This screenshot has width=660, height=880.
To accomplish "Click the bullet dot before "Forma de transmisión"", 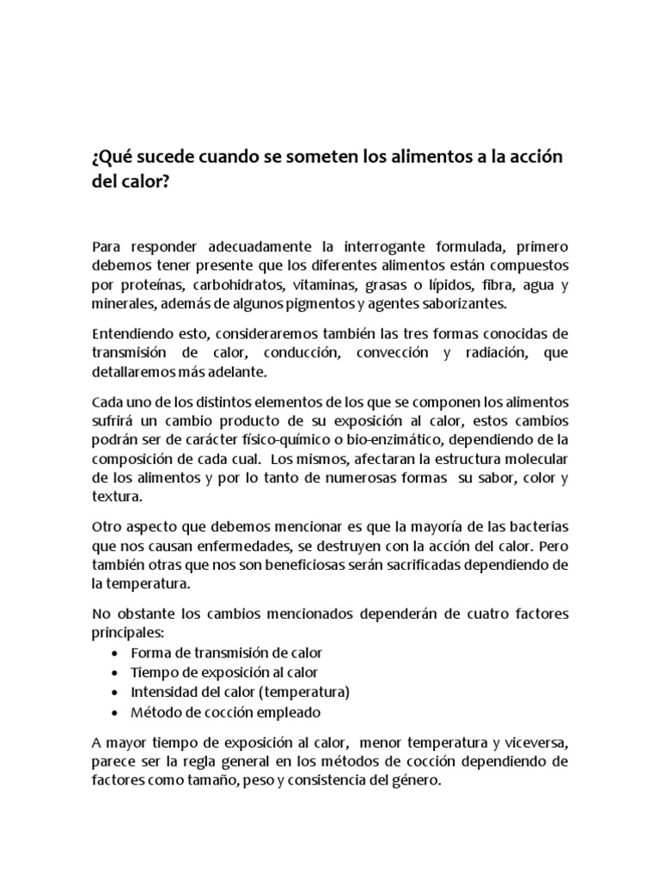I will (116, 653).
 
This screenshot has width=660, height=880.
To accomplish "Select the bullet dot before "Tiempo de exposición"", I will (116, 673).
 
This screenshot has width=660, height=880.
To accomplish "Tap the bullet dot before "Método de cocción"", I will (116, 712).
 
